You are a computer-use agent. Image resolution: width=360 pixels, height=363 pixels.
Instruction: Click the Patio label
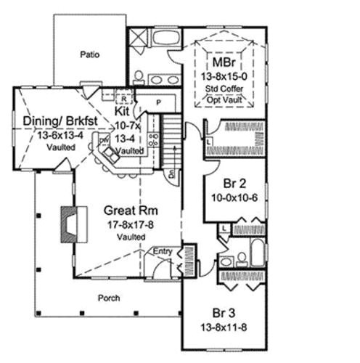(89, 54)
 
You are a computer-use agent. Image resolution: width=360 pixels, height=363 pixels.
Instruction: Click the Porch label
(110, 298)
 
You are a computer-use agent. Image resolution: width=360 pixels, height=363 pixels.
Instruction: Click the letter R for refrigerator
(125, 97)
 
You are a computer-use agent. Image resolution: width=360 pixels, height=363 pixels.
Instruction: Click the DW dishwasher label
(104, 140)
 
